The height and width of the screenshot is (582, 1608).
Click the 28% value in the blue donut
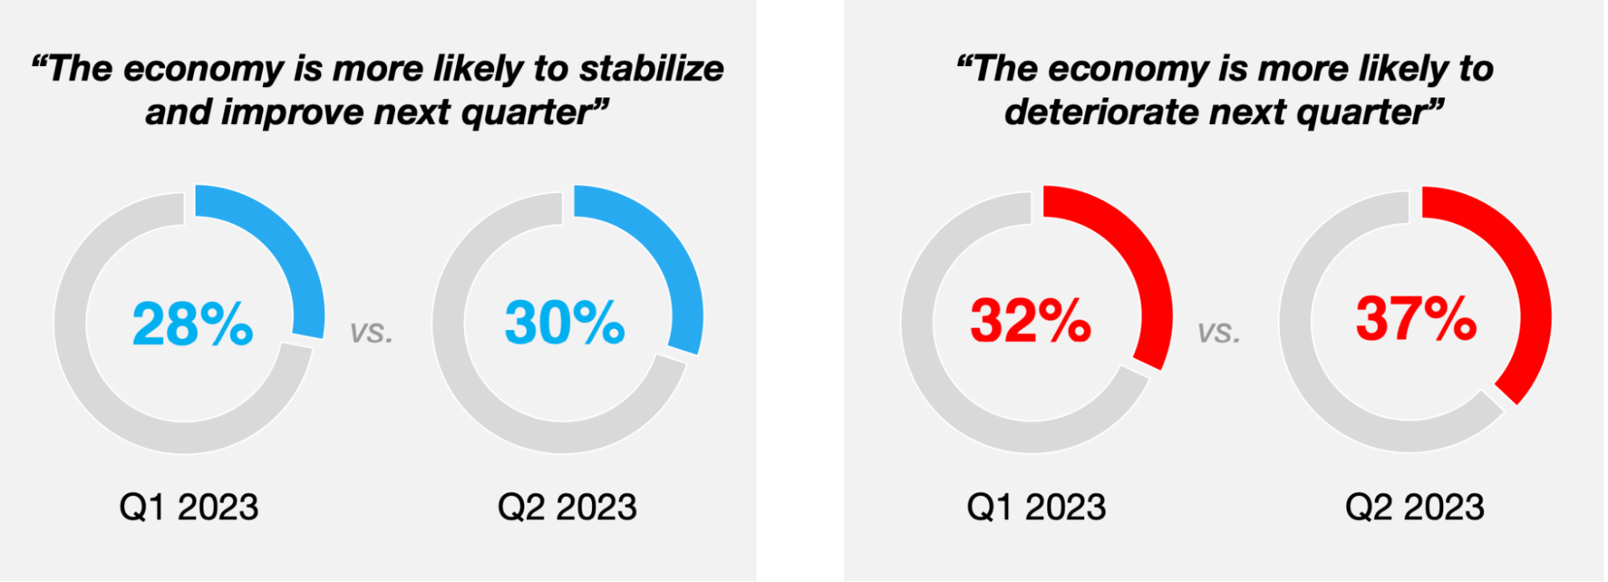pos(193,324)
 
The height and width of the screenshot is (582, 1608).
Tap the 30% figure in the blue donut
pos(565,322)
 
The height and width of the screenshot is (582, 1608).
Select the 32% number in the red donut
pos(1030,320)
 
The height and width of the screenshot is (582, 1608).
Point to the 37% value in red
pos(1416,318)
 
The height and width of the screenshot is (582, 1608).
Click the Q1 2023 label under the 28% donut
pos(189,507)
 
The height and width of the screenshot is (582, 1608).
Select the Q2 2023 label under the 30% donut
pos(567,507)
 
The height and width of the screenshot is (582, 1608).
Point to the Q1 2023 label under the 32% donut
pos(1036,507)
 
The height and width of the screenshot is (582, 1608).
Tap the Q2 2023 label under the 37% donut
pos(1415,507)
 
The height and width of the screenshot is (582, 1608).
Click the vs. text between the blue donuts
pos(372,332)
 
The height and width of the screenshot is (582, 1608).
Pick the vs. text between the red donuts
pos(1219,332)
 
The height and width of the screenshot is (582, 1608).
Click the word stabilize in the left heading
pos(652,68)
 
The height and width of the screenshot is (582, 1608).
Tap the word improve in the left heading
pos(291,113)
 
